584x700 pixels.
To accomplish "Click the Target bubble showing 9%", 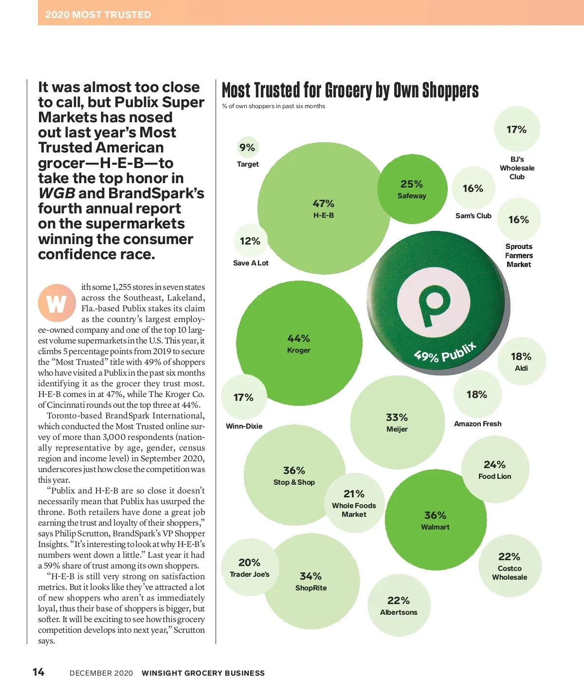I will click(x=247, y=148).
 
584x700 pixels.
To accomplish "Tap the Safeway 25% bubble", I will click(x=412, y=189).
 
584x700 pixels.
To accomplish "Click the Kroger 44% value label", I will click(x=298, y=339).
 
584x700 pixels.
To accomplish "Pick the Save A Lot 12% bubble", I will click(x=250, y=241).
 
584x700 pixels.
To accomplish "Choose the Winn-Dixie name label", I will click(x=244, y=426).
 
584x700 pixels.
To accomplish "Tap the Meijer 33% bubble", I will click(x=397, y=422).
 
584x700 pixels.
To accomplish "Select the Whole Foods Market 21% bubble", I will click(x=354, y=503).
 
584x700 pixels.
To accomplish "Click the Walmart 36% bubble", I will click(x=436, y=520).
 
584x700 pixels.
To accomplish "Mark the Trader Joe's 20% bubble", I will click(x=249, y=567).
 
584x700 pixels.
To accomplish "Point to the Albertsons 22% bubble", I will click(x=399, y=605).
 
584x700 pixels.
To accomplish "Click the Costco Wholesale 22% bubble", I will click(x=510, y=565).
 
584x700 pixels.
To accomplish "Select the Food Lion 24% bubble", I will click(x=495, y=470).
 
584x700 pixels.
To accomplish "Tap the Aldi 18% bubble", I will click(x=521, y=361).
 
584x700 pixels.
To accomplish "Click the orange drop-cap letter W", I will click(x=56, y=303).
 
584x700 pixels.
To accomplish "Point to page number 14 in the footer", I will click(x=38, y=672).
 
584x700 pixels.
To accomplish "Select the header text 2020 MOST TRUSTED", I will click(x=98, y=15).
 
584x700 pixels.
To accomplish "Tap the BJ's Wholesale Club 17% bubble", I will click(x=516, y=130).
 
